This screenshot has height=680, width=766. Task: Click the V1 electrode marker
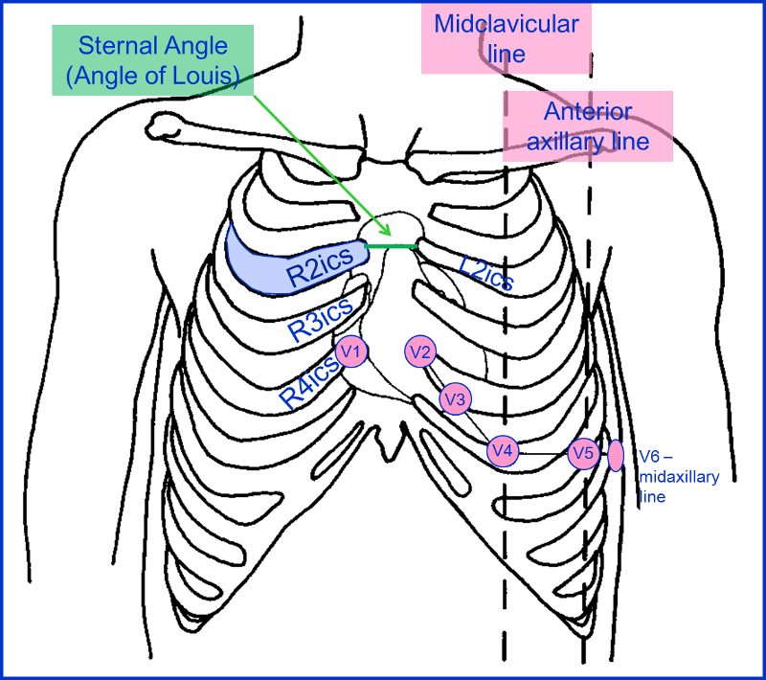351,351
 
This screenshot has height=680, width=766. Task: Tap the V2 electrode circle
420,351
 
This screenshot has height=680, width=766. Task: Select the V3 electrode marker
455,397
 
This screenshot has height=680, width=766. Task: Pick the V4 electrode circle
503,450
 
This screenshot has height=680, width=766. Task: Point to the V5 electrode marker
583,453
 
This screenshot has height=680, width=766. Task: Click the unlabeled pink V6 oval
616,456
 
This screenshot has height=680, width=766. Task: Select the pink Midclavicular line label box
507,37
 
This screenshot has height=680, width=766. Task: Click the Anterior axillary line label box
588,125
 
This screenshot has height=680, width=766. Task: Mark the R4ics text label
309,384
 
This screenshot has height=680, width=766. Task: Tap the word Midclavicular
507,23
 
